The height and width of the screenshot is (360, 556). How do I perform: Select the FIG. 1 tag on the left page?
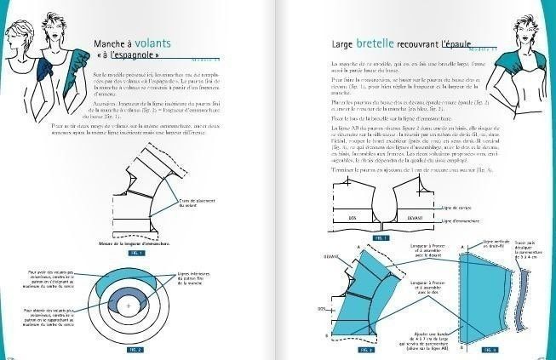point(136,254)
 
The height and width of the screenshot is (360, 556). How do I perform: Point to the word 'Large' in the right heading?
point(345,42)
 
